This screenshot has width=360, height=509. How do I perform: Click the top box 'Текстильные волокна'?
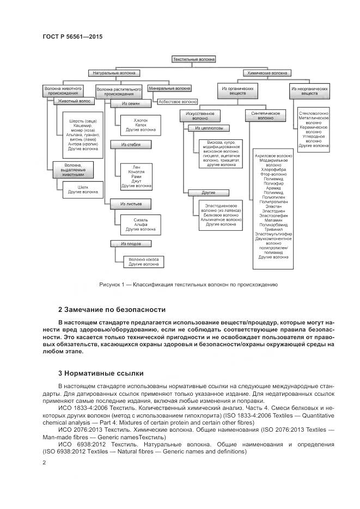194,59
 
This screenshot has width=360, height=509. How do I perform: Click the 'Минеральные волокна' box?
169,88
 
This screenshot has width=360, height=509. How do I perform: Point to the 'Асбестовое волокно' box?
178,101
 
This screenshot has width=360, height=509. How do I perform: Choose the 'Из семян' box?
131,103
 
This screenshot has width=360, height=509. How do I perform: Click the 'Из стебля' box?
131,145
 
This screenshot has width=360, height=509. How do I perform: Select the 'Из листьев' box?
131,204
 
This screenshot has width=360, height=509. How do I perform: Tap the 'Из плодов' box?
131,243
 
